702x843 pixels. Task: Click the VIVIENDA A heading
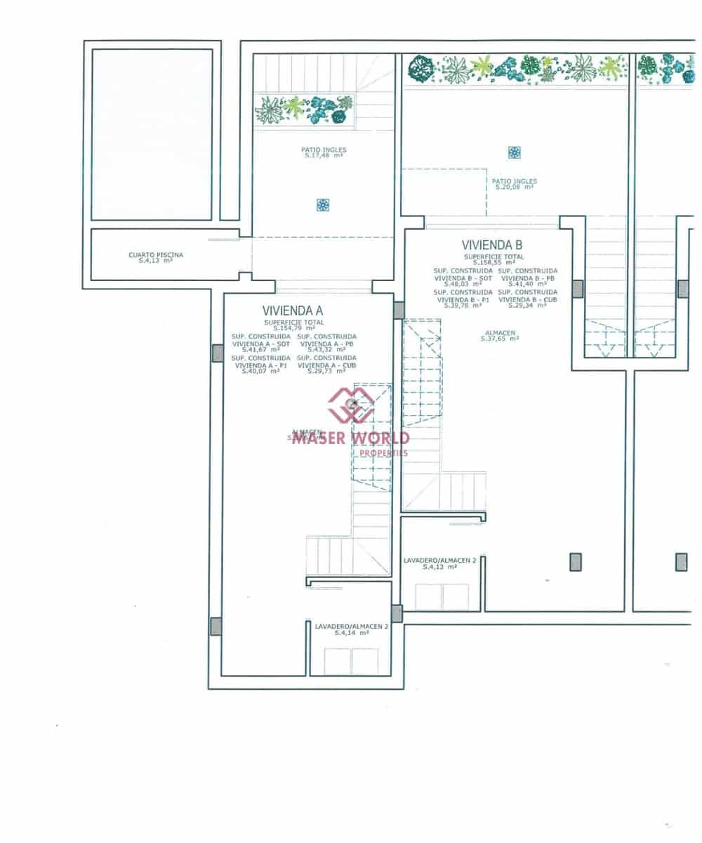(292, 310)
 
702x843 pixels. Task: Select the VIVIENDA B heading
(491, 245)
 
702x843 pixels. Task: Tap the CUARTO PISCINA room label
(156, 258)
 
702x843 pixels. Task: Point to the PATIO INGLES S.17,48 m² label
(324, 152)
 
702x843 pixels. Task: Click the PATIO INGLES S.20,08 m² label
(514, 184)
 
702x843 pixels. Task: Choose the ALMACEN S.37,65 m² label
(500, 335)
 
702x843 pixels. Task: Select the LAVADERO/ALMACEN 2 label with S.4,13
(439, 563)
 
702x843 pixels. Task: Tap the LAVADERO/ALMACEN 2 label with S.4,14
(351, 629)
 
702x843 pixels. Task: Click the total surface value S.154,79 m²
(293, 327)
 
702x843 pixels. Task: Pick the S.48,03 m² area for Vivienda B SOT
(463, 284)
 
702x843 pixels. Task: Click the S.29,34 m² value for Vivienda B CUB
(527, 306)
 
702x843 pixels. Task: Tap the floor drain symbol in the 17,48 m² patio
(323, 205)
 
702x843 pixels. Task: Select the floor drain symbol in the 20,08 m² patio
(515, 152)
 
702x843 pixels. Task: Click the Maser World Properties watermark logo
(351, 404)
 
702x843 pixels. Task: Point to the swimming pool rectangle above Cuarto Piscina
(152, 133)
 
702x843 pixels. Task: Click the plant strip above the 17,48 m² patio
(305, 110)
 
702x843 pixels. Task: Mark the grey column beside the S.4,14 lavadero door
(397, 613)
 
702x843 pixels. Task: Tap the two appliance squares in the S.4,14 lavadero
(351, 662)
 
